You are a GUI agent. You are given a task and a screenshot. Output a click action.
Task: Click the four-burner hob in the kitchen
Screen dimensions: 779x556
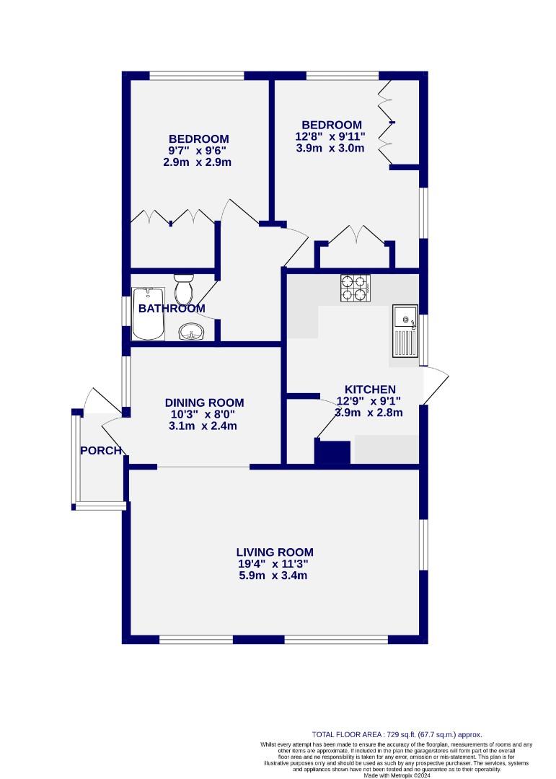pyautogui.click(x=355, y=288)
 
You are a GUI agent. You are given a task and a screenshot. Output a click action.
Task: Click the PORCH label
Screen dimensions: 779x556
pyautogui.click(x=100, y=451)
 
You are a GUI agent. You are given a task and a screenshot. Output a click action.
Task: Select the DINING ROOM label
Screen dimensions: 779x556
pyautogui.click(x=204, y=402)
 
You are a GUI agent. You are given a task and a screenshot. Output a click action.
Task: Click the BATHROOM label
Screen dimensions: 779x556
pyautogui.click(x=172, y=309)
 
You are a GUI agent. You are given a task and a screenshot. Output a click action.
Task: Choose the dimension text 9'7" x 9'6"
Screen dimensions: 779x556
pyautogui.click(x=198, y=151)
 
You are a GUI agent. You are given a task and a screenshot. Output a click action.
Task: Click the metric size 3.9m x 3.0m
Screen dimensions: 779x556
pyautogui.click(x=331, y=149)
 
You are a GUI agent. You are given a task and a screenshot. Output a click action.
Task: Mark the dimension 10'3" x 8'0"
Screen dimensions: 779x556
pyautogui.click(x=204, y=414)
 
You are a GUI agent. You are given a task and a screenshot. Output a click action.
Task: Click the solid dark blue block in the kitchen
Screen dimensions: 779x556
pyautogui.click(x=332, y=453)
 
